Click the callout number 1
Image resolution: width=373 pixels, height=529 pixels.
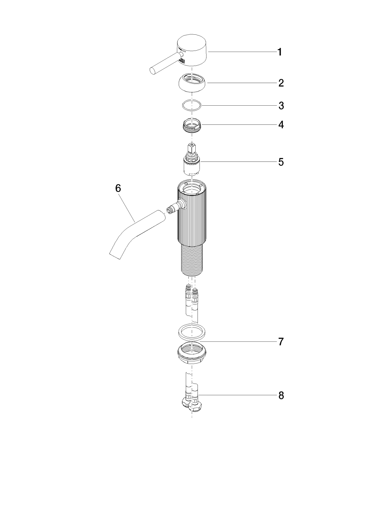[x=280, y=52]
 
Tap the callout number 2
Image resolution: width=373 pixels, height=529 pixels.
[x=281, y=83]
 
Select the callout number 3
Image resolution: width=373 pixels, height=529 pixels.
[x=281, y=106]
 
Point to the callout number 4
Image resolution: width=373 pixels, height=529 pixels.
[x=281, y=125]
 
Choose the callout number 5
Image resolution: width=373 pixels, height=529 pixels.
[x=281, y=162]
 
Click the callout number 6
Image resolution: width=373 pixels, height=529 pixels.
[x=118, y=188]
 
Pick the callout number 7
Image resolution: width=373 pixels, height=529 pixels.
[x=281, y=341]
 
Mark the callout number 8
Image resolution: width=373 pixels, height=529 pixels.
[x=281, y=395]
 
